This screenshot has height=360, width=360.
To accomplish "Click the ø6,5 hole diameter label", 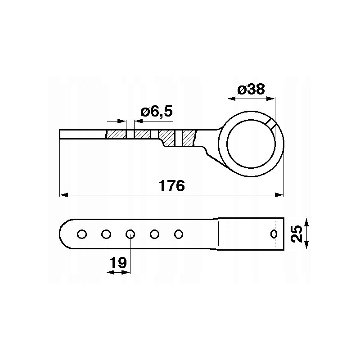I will pyautogui.click(x=156, y=111).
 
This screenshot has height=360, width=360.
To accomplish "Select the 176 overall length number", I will pyautogui.click(x=171, y=185).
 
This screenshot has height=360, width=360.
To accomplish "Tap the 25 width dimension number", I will pyautogui.click(x=296, y=234).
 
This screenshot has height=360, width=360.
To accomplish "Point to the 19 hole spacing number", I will pyautogui.click(x=118, y=263).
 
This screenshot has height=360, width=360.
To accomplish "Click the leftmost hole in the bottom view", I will pyautogui.click(x=82, y=234).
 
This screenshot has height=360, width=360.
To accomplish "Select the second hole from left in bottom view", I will pyautogui.click(x=106, y=234).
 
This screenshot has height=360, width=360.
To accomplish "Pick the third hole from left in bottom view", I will pyautogui.click(x=130, y=234).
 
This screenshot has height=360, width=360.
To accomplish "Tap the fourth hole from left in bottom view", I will pyautogui.click(x=155, y=234).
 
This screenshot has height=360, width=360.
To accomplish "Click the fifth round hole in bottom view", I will pyautogui.click(x=179, y=234).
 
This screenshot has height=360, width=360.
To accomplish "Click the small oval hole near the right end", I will pyautogui.click(x=273, y=234).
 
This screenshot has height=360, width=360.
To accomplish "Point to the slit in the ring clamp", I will pyautogui.click(x=272, y=124).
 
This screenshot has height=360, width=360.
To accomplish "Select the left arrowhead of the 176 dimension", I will pyautogui.click(x=63, y=195).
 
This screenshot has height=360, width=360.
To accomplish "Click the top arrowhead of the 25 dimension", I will pyautogui.click(x=306, y=222).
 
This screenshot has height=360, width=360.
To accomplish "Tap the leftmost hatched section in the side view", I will pyautogui.click(x=116, y=135).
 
